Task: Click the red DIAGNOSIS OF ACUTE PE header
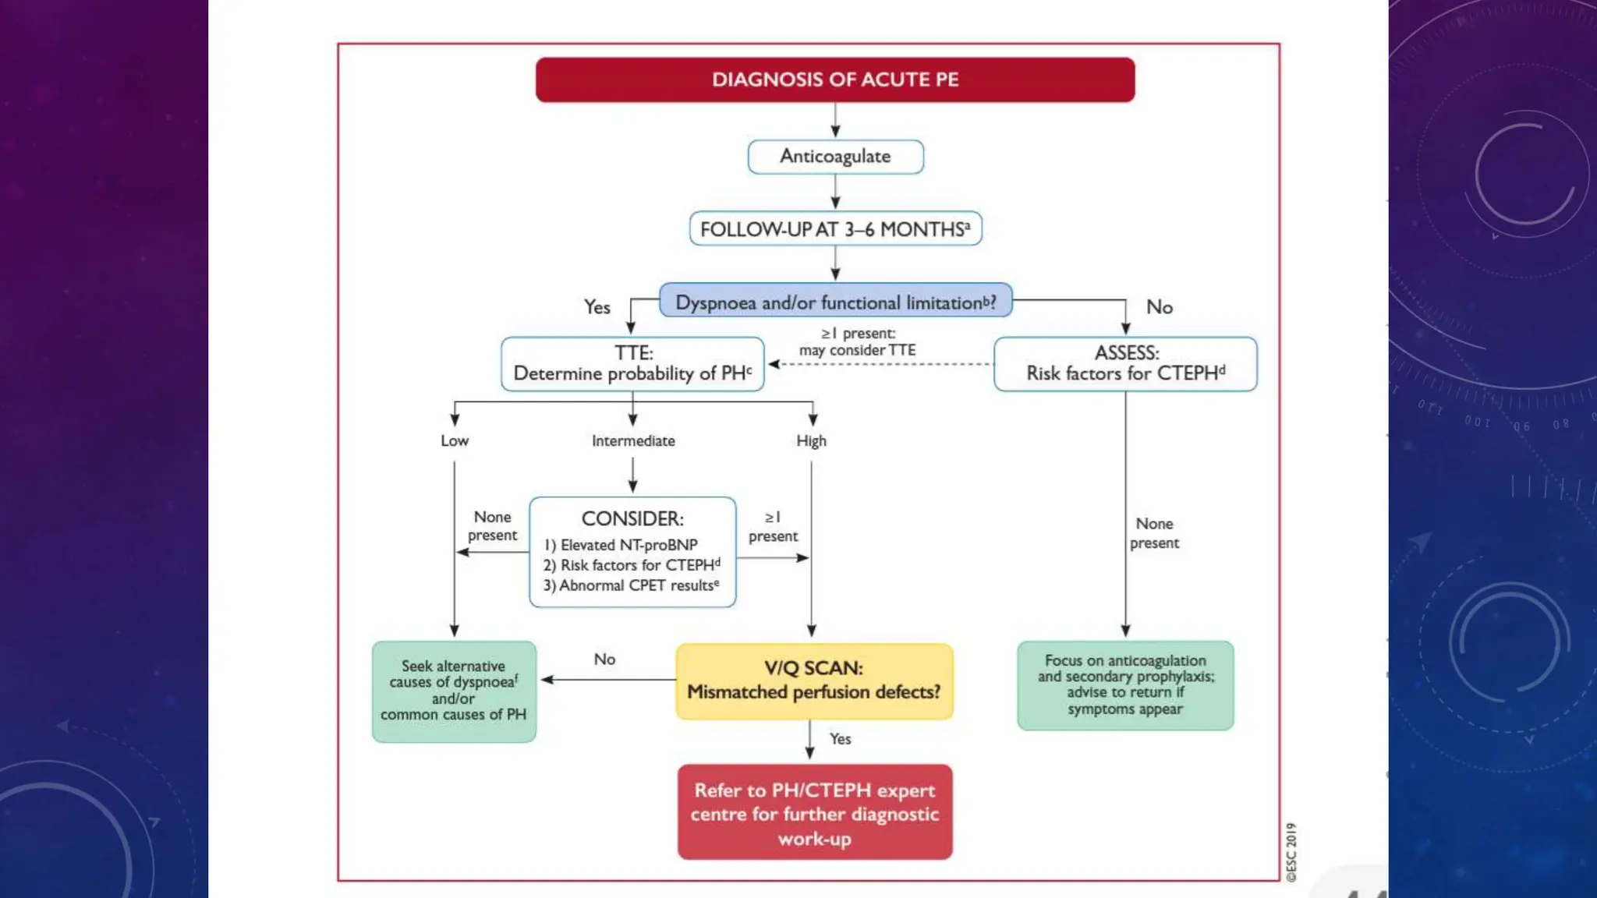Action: coord(835,80)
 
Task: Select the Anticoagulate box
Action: coord(835,157)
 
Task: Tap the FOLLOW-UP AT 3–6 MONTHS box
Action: coord(835,229)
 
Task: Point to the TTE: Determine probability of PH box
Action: coord(632,363)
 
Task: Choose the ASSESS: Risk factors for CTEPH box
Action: coord(1125,363)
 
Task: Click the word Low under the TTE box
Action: coord(455,441)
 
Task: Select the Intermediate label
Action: coord(633,441)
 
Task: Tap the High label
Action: coord(811,441)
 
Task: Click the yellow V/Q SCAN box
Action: coord(814,681)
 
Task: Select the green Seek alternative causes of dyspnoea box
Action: coord(454,691)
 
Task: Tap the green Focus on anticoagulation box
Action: coord(1125,685)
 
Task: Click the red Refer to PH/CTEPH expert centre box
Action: coord(815,813)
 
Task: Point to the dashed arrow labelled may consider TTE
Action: coord(881,364)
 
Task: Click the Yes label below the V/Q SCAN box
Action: coord(840,739)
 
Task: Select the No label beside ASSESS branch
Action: coord(1160,307)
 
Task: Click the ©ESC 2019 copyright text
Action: coord(1291,852)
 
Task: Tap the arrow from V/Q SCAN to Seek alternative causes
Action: coord(608,680)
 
